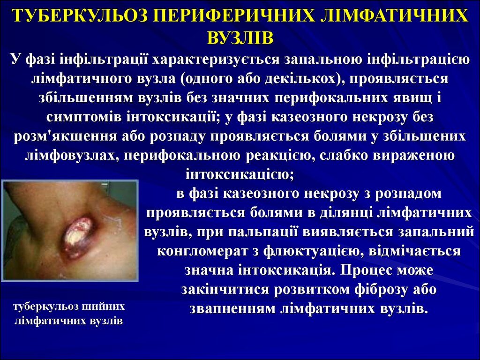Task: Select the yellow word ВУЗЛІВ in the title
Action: pyautogui.click(x=240, y=38)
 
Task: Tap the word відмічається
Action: pyautogui.click(x=414, y=251)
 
